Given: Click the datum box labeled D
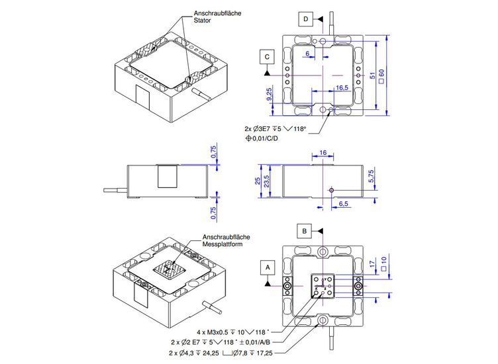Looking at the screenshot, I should click(x=305, y=19).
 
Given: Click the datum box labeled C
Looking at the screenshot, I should click(x=266, y=58).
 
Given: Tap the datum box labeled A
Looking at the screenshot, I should click(x=268, y=267).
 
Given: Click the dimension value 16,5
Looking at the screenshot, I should click(x=342, y=87).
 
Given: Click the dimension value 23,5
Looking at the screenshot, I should click(x=266, y=181).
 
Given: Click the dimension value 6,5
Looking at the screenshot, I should click(x=344, y=204).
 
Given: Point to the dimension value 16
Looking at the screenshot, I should click(x=323, y=153).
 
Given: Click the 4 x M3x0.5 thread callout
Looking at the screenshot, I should click(x=231, y=331).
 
